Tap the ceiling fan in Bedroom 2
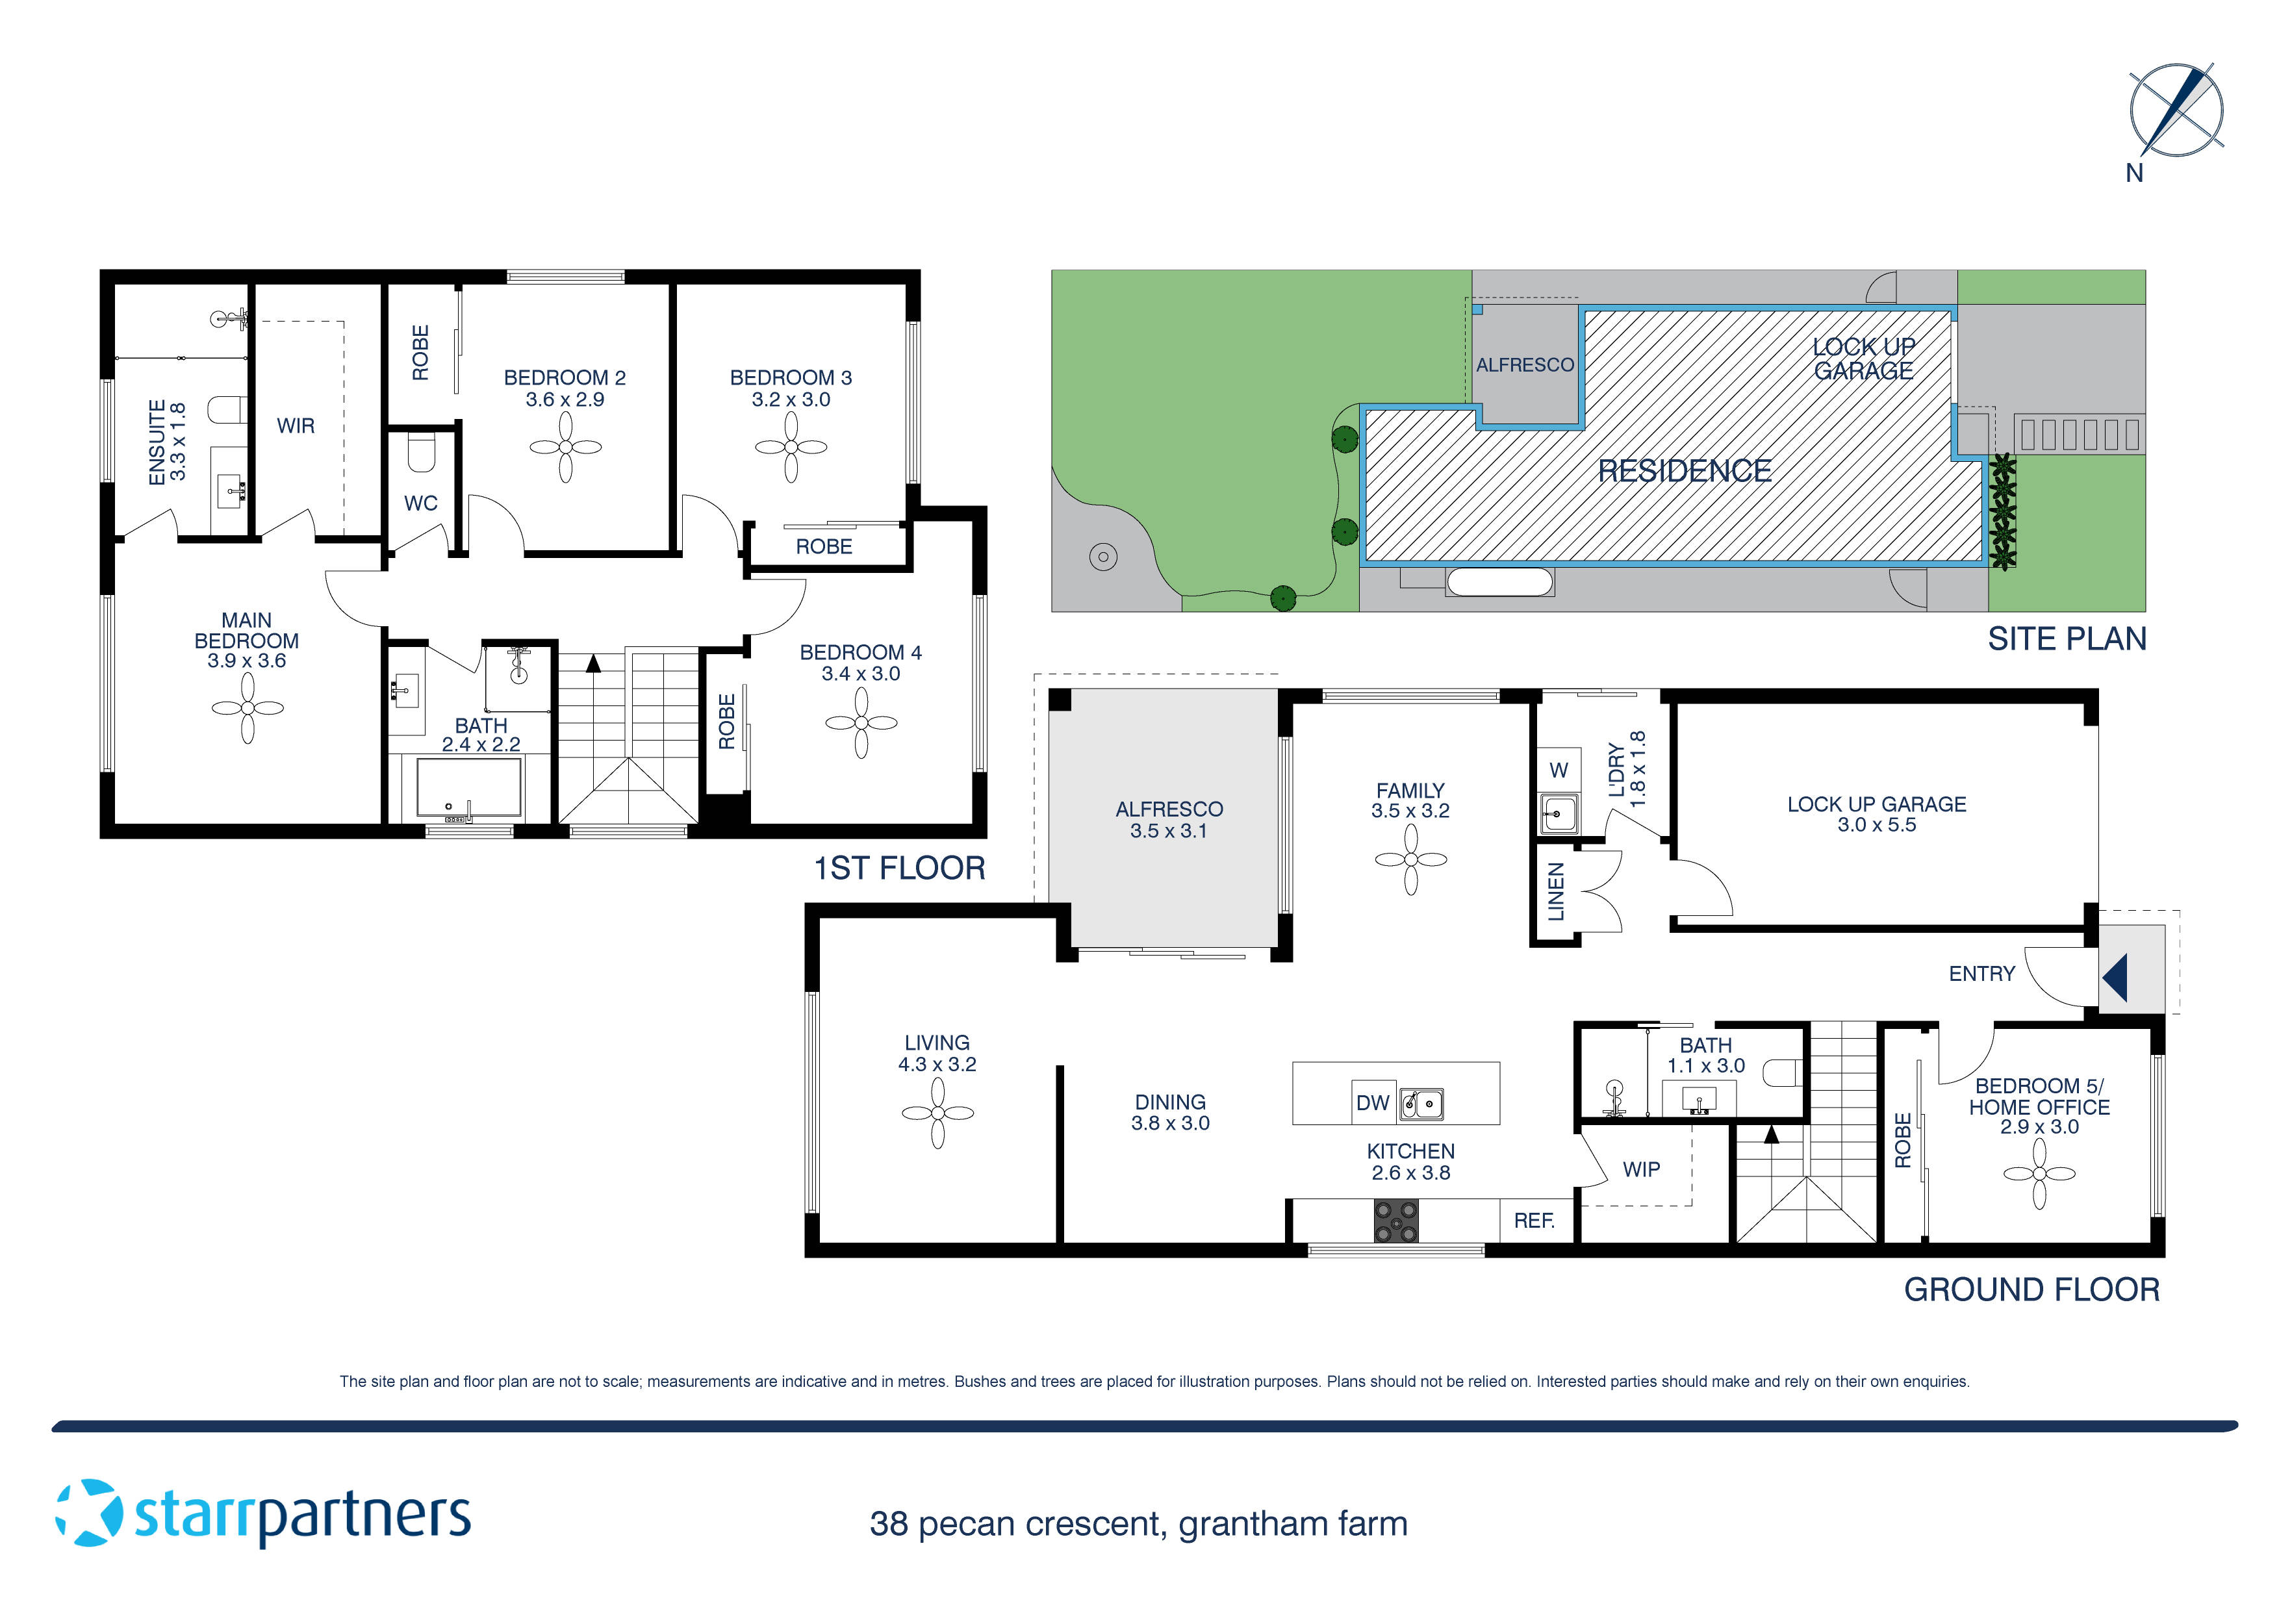point(565,447)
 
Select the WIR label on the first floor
point(296,426)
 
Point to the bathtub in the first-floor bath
point(468,788)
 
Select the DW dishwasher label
point(1373,1103)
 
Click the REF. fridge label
point(1534,1221)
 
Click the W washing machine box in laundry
point(1559,770)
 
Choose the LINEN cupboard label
point(1555,891)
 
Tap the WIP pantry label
point(1641,1169)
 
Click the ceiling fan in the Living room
point(937,1113)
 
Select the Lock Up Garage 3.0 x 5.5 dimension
point(1876,825)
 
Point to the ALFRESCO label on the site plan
point(1525,365)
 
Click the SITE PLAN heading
point(2067,639)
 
